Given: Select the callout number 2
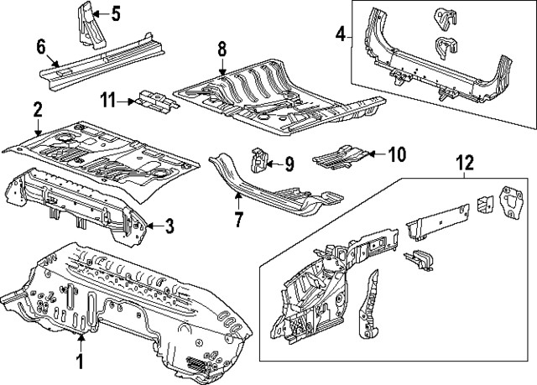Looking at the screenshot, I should (x=38, y=109).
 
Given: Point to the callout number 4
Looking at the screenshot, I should (x=341, y=34).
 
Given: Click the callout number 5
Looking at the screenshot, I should (x=115, y=13).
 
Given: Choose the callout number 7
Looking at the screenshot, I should (x=237, y=221).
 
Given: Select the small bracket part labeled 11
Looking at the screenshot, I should (x=156, y=101).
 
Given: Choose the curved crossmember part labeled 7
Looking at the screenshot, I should (x=268, y=189).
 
